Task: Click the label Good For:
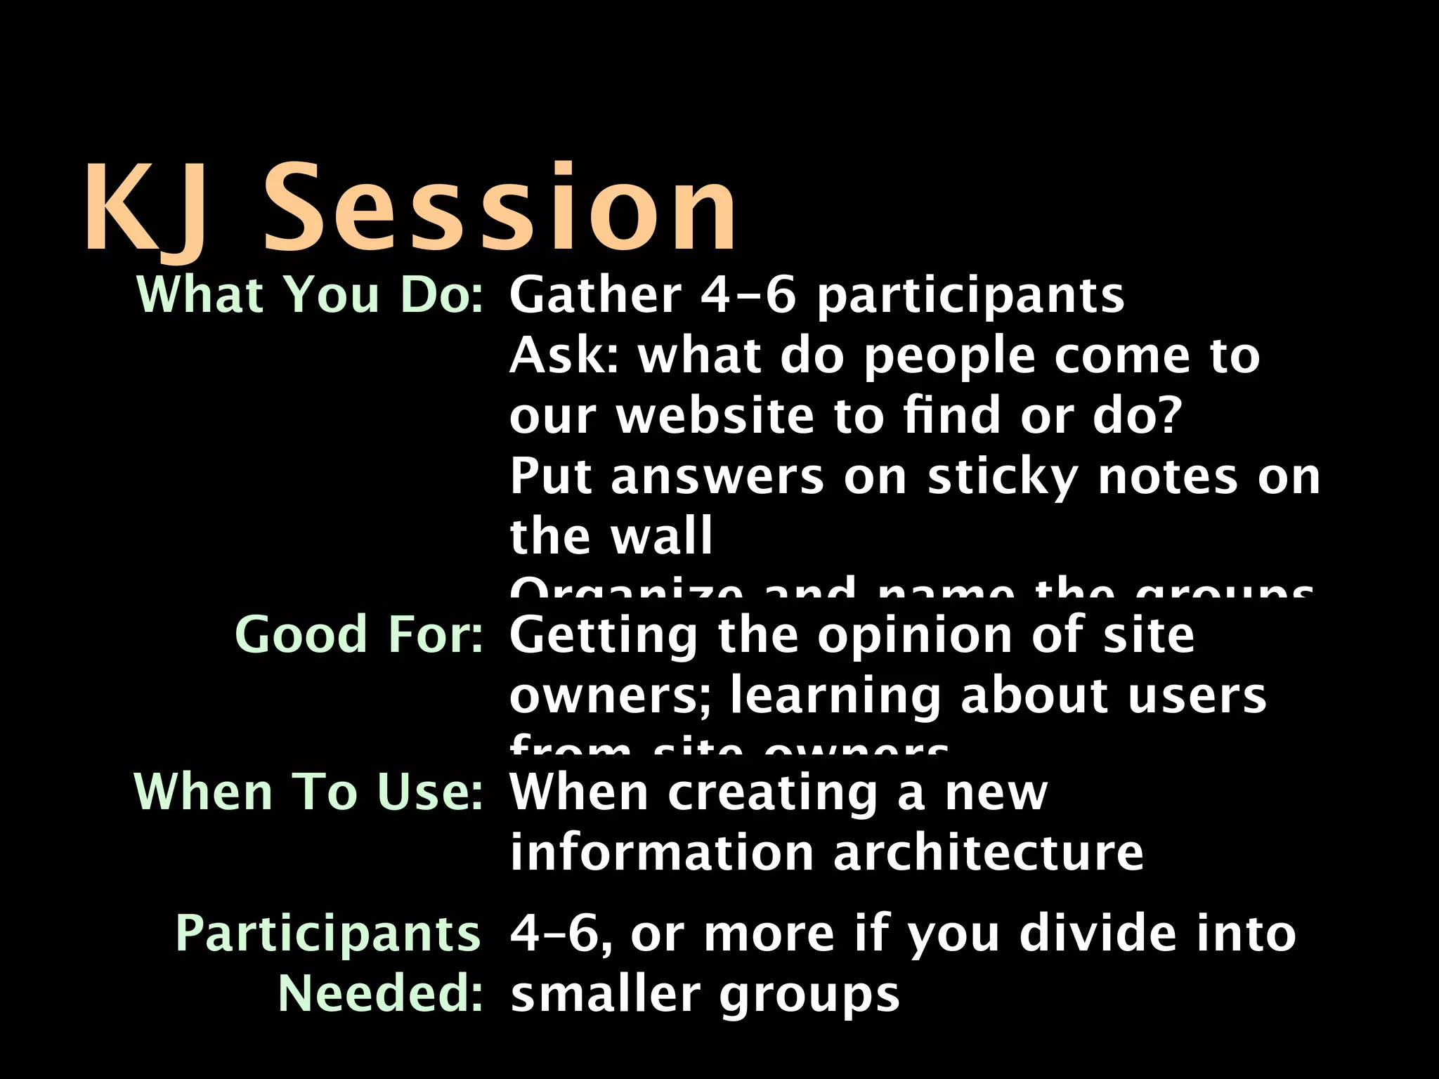click(359, 634)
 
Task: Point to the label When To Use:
click(308, 792)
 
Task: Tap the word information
click(661, 852)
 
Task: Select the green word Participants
click(327, 934)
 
